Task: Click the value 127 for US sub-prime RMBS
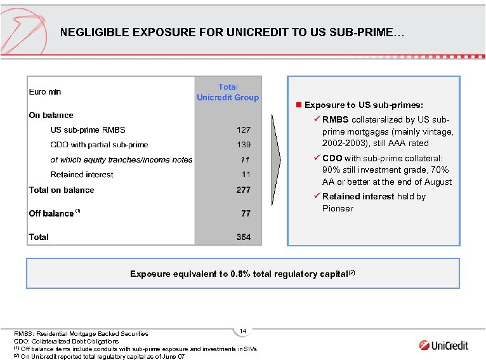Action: pos(244,130)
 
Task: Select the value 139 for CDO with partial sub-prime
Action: pos(244,145)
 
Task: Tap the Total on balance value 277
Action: pos(244,190)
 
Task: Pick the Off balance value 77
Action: pos(246,213)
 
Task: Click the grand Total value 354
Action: pos(244,237)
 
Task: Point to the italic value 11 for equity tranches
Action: pos(245,159)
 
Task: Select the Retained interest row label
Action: pos(82,175)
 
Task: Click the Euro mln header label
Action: pos(45,92)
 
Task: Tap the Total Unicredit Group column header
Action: pos(228,92)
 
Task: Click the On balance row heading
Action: pos(51,115)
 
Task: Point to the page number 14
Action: pos(243,331)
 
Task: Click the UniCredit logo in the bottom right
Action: pos(443,345)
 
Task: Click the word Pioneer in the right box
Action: pos(338,208)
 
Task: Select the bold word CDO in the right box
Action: pos(332,158)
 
